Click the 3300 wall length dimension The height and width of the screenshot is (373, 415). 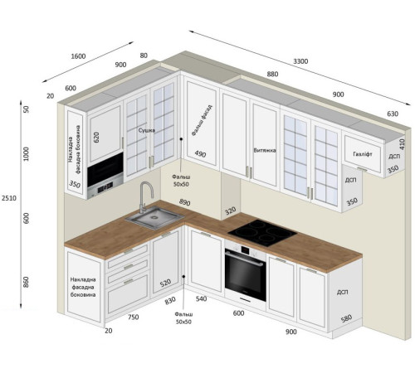[x=300, y=61]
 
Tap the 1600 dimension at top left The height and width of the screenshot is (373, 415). [x=78, y=56]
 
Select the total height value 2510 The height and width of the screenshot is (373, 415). [x=9, y=198]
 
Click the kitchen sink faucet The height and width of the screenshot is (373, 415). [x=145, y=196]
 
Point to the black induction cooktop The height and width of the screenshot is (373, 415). [x=262, y=233]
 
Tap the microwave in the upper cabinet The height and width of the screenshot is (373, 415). [x=105, y=175]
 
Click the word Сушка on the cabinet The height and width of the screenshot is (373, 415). [x=147, y=130]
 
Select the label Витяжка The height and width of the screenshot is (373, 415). [x=265, y=150]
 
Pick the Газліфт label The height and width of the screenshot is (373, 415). [x=363, y=154]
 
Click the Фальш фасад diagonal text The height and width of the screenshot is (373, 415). [x=202, y=120]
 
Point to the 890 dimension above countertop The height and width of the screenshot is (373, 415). [x=184, y=202]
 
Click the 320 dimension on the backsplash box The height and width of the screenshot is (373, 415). [x=230, y=211]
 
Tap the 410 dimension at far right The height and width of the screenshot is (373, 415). [x=402, y=144]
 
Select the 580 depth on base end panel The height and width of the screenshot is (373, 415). [x=346, y=318]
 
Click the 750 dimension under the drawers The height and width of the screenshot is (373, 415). [x=133, y=317]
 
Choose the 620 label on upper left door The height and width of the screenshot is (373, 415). [x=96, y=138]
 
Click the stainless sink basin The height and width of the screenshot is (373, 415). [x=154, y=217]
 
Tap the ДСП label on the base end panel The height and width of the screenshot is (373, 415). [x=342, y=292]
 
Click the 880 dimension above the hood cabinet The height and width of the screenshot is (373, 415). [x=272, y=74]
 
